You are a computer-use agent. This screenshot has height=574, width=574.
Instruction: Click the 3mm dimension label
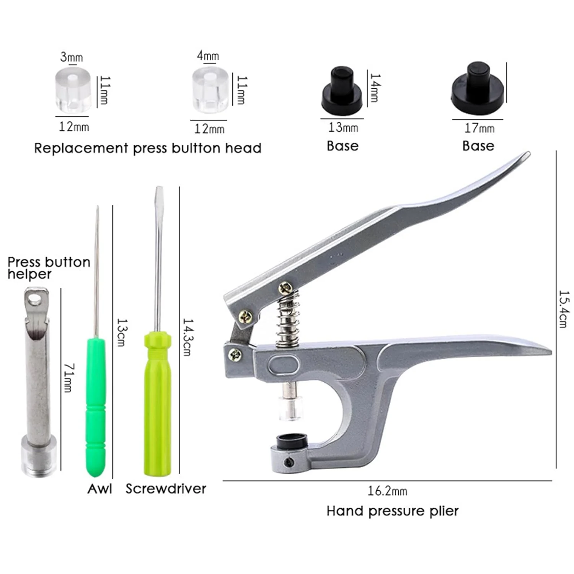tap(71, 57)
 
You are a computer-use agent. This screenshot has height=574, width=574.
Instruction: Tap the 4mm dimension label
tap(208, 55)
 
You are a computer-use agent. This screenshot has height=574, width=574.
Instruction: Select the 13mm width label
tap(343, 127)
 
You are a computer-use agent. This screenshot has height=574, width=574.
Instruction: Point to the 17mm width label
tap(479, 128)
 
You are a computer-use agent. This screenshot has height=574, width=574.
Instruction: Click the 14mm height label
tap(375, 88)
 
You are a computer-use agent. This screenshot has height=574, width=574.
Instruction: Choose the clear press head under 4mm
tap(210, 90)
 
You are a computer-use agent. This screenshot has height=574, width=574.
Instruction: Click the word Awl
tap(99, 489)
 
